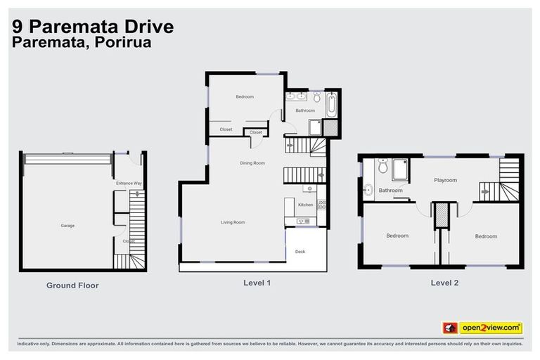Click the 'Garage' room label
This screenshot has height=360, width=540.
(67, 226)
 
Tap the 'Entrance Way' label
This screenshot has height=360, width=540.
(129, 184)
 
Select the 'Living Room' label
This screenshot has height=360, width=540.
(233, 222)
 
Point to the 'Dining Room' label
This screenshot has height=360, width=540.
(252, 163)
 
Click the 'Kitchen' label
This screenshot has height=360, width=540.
(305, 205)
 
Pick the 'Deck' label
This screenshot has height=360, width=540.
(300, 251)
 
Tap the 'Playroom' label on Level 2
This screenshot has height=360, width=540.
(445, 181)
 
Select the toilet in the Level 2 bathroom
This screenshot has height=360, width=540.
(382, 166)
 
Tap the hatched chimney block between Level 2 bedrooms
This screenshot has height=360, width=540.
(441, 215)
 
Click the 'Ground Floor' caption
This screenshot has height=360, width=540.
(72, 285)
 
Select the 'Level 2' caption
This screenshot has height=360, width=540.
(445, 283)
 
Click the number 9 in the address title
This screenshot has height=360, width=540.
(17, 26)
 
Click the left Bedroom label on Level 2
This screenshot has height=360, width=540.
(397, 236)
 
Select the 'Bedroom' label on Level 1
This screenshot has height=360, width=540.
(245, 96)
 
